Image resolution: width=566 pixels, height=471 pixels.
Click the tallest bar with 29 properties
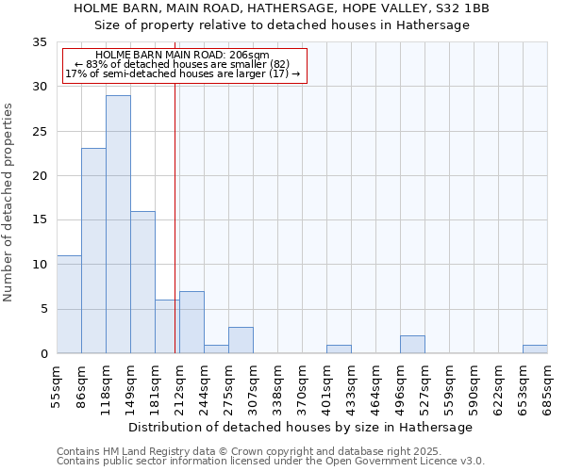point(118,224)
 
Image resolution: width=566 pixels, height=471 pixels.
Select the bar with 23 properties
point(93,251)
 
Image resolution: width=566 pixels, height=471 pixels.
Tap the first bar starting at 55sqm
point(69,304)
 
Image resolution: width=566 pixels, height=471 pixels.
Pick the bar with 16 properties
point(142,283)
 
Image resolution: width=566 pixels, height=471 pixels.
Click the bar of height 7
point(191,322)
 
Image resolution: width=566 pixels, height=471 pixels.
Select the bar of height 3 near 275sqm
point(241,340)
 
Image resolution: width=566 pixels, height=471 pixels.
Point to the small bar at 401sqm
point(339,349)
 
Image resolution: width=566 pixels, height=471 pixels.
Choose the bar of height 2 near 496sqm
point(412,345)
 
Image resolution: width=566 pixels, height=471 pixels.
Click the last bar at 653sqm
point(535,349)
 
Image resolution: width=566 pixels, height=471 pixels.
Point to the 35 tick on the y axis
point(40,42)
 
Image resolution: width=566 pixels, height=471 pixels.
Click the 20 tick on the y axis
point(40,176)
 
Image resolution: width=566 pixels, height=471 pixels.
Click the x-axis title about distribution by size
point(301,427)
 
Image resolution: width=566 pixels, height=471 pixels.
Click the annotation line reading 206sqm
point(183,56)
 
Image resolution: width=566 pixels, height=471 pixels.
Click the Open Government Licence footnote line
point(271,462)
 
